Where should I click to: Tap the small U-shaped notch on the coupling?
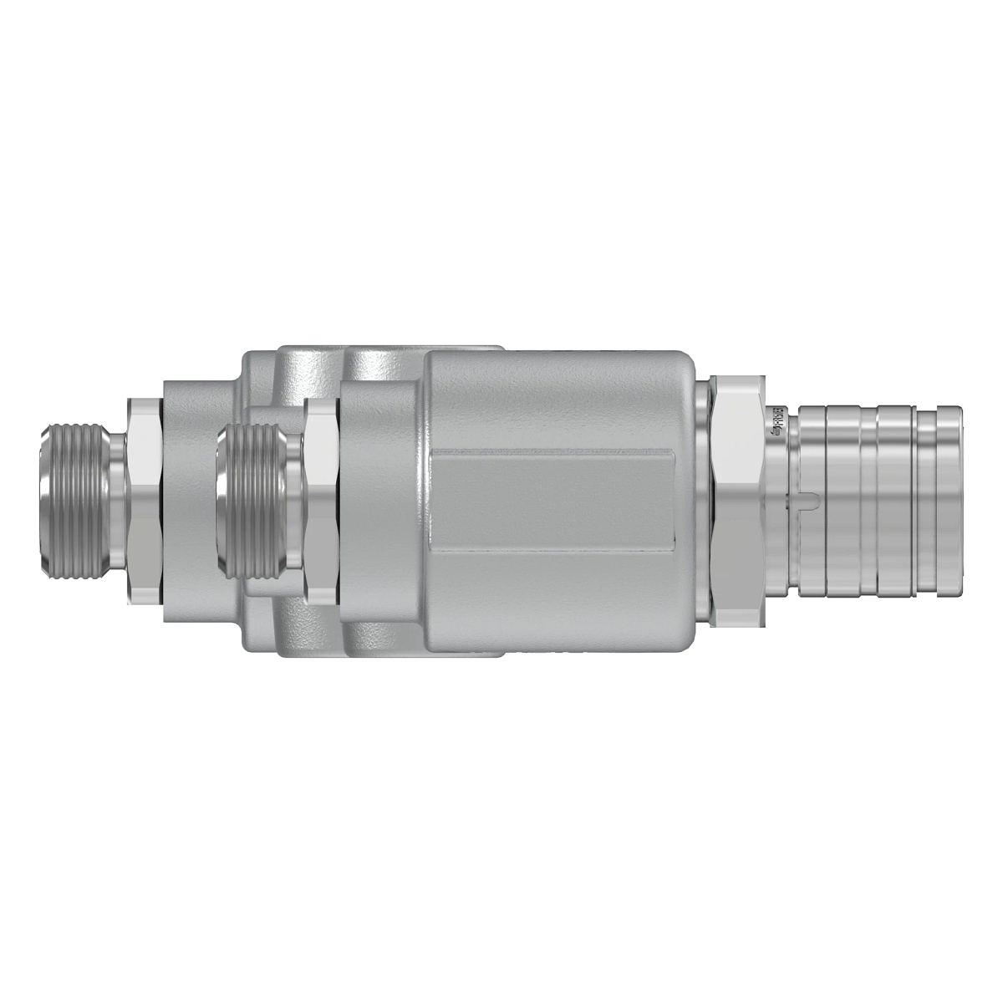(x=806, y=501)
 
